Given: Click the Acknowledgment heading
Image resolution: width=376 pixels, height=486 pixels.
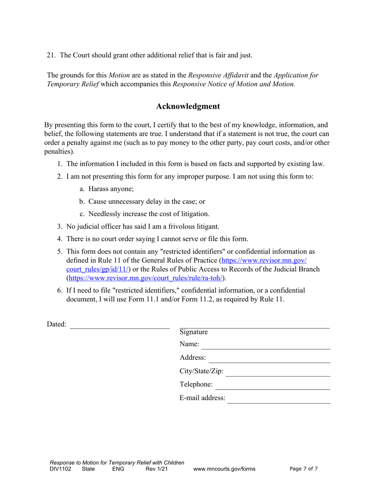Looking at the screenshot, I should [x=188, y=106].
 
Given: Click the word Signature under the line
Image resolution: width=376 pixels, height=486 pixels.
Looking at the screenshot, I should [x=194, y=332].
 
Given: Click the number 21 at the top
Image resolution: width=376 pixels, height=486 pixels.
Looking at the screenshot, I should [x=51, y=55].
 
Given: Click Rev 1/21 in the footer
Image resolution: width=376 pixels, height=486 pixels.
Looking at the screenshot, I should [x=155, y=469].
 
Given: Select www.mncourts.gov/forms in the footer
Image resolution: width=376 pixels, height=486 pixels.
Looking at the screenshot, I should [x=224, y=469].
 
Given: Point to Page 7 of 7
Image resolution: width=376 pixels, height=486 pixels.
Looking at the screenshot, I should [x=304, y=469].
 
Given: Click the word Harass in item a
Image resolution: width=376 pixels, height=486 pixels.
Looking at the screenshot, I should [x=99, y=189].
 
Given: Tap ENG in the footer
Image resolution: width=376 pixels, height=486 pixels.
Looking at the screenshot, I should [x=118, y=469].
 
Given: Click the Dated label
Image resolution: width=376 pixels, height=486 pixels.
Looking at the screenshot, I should [x=57, y=324].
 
